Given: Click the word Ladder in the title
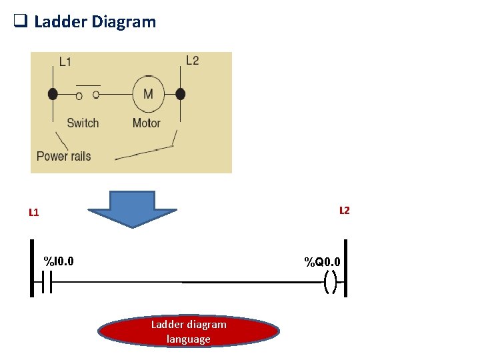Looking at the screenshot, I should point(61,22).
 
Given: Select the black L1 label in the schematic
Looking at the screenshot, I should point(65,62).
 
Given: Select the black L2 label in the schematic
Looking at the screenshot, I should point(192,61).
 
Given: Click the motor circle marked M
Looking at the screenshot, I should point(148,94).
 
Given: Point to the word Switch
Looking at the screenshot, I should point(83,123).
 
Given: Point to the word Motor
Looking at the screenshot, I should point(146,123).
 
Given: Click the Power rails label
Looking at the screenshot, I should point(63,156).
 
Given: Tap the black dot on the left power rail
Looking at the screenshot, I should point(53,94).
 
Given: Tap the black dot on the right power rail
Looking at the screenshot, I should point(180,94).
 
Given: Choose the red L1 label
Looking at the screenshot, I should point(34,213).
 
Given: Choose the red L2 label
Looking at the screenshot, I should point(344,211).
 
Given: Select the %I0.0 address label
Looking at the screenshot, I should point(59,260).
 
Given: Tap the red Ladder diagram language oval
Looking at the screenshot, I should point(189,332).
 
